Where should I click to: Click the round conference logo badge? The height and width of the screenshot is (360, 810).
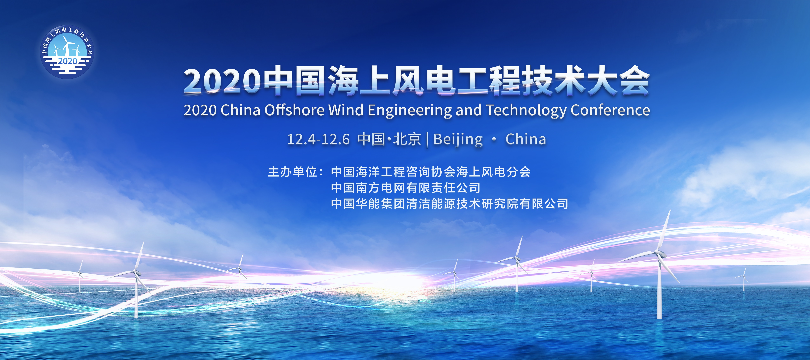click(67, 52)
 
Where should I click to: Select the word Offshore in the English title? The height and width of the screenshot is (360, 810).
click(294, 110)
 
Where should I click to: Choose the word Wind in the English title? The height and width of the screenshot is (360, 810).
click(346, 110)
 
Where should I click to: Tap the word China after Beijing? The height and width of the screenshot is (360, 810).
click(526, 139)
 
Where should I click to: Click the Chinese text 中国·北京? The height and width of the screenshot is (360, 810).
click(389, 139)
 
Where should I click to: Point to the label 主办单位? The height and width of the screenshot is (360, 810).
click(292, 172)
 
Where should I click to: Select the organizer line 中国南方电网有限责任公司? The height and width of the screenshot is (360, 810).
click(406, 188)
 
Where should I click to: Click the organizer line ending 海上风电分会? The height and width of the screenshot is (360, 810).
click(431, 172)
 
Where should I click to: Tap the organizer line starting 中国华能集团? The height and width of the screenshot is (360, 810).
click(450, 204)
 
